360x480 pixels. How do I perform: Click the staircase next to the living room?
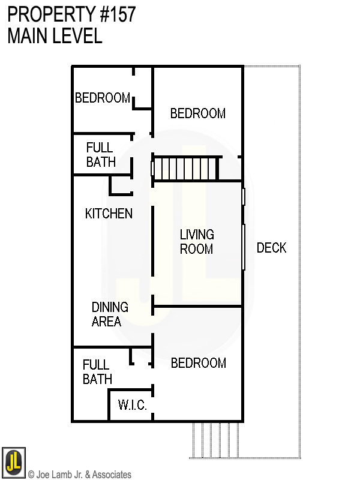click(x=185, y=168)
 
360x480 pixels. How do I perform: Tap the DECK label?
click(x=271, y=247)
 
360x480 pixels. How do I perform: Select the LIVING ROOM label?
click(x=197, y=241)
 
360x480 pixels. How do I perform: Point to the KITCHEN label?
click(x=109, y=214)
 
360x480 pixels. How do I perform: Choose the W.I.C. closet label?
click(x=132, y=406)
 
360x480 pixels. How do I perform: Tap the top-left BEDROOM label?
click(x=103, y=98)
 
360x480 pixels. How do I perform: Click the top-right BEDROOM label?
click(x=198, y=113)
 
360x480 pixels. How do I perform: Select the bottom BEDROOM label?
click(x=199, y=363)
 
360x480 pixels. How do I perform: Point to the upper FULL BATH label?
click(x=100, y=155)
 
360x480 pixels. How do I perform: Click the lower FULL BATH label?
click(x=97, y=372)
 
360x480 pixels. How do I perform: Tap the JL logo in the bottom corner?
click(x=13, y=462)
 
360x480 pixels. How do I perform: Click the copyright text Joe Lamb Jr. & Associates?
click(x=80, y=475)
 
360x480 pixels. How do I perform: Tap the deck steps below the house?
click(x=216, y=439)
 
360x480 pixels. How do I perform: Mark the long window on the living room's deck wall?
click(x=244, y=247)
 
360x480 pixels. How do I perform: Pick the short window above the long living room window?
click(x=244, y=196)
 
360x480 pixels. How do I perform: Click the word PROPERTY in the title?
click(x=49, y=14)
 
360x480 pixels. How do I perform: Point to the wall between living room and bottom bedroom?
click(x=198, y=307)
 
